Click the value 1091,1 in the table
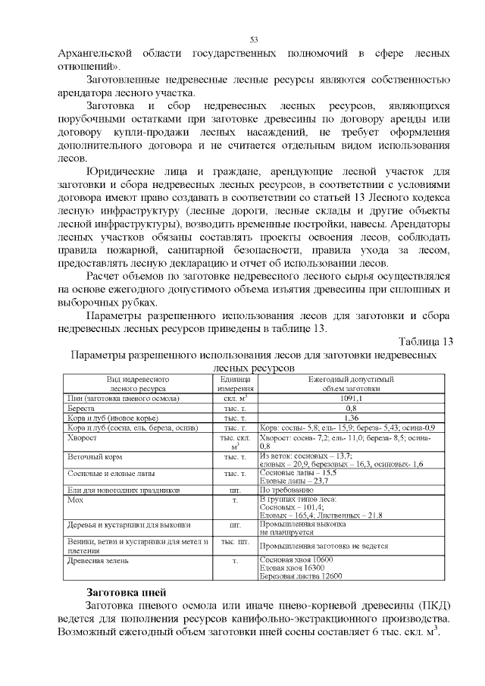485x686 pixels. point(351,397)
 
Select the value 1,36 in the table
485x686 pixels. point(351,417)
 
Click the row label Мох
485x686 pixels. point(74,500)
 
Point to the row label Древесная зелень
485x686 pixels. point(99,560)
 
